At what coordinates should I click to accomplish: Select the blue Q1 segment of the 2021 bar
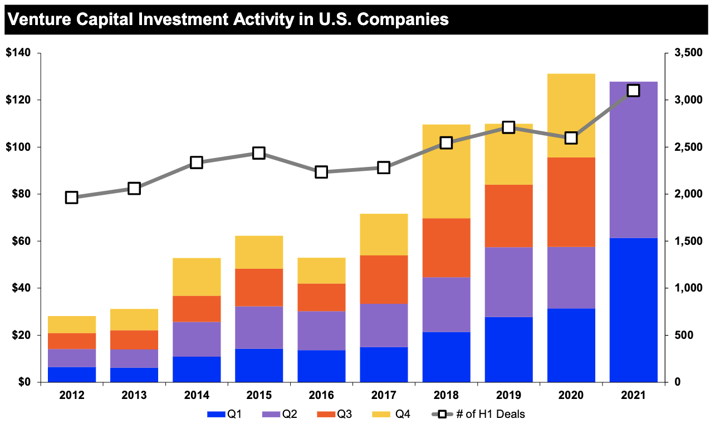[633, 310]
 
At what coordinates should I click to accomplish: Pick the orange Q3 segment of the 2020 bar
[571, 202]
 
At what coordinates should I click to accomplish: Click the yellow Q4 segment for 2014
[197, 277]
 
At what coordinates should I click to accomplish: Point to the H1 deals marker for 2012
[72, 198]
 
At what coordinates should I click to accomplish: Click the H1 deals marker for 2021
[633, 91]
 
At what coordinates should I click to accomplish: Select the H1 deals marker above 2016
[321, 172]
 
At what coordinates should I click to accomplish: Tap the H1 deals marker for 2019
[508, 127]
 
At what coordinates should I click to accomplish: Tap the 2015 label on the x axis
[259, 396]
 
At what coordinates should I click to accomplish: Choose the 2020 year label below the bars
[571, 396]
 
